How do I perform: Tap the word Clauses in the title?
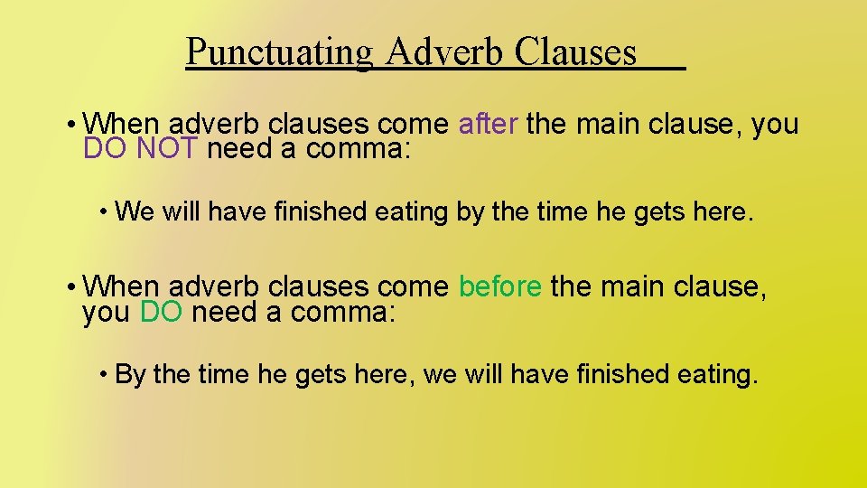click(575, 52)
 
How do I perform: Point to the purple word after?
click(488, 123)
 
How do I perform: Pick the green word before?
click(500, 287)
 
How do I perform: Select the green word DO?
click(162, 313)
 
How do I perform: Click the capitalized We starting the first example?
click(135, 212)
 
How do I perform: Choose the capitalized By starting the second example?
click(132, 374)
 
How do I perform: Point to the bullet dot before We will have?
click(106, 212)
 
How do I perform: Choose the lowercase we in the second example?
click(440, 374)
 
